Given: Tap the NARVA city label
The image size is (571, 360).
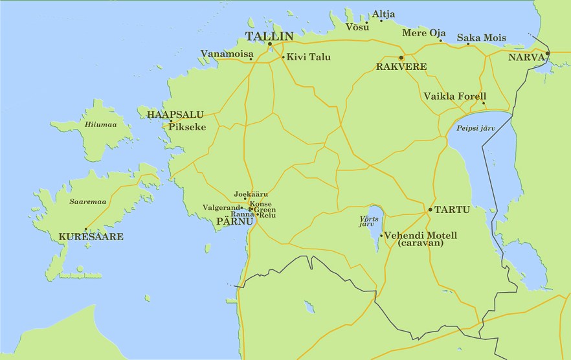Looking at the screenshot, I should point(526,58).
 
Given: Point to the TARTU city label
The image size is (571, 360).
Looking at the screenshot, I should point(452,210).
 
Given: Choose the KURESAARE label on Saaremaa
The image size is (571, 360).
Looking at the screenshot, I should point(91,237).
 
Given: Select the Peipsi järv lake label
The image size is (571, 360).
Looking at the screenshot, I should point(476,128).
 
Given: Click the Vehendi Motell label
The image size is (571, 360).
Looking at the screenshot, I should point(421,235).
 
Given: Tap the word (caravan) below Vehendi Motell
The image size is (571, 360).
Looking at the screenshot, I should point(421,244).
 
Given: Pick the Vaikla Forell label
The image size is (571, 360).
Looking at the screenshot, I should point(454,96).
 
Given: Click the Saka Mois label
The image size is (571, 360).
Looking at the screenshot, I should point(482,38).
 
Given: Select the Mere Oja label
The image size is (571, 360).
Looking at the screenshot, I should point(424,33).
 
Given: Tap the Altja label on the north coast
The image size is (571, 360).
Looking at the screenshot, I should point(383,14).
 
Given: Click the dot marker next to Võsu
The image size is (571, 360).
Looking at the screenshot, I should point(366,23).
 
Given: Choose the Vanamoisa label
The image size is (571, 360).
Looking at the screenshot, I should point(227,53).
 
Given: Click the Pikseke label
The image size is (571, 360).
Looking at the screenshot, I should point(187,127).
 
